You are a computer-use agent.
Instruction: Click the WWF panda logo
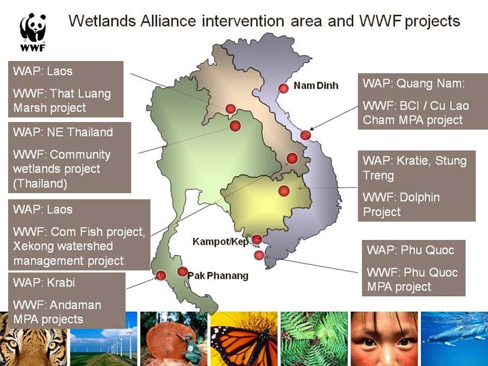[33, 32]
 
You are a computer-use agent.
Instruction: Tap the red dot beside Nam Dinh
[283, 88]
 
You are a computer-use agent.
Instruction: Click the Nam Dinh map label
[316, 85]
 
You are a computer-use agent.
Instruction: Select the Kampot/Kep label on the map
[220, 241]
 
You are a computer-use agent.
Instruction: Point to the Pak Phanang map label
[218, 276]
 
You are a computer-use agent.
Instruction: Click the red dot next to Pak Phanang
[182, 271]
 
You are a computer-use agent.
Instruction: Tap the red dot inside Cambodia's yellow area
[284, 190]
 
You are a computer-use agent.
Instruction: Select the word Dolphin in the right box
[420, 197]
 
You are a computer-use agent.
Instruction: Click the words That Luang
[80, 94]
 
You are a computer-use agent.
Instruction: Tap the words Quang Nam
[431, 84]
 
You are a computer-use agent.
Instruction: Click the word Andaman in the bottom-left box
[75, 305]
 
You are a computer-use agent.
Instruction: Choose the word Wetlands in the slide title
[102, 21]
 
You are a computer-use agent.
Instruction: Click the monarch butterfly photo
[244, 339]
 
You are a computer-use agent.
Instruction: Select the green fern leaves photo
[314, 339]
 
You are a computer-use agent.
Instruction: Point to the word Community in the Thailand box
[80, 155]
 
